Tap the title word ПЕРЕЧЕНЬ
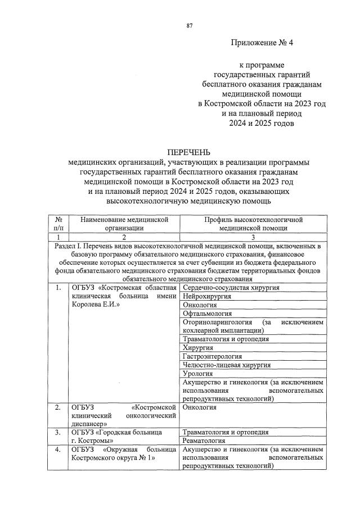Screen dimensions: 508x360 click(188, 152)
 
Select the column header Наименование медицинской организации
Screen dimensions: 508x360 click(124, 224)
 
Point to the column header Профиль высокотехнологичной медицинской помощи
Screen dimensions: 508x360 click(253, 224)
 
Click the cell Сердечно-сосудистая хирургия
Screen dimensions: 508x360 click(231, 288)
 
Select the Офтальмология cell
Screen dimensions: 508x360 click(207, 314)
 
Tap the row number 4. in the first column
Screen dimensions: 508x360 click(58, 450)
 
